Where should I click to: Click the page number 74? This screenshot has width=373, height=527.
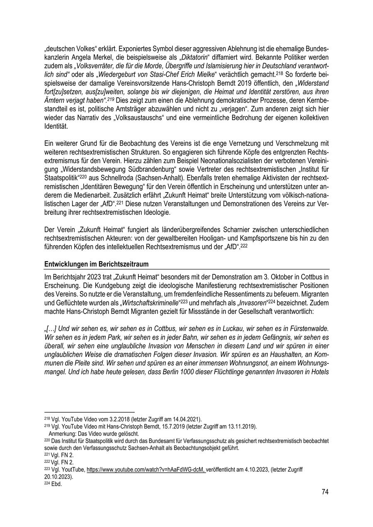[x=325, y=492]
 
